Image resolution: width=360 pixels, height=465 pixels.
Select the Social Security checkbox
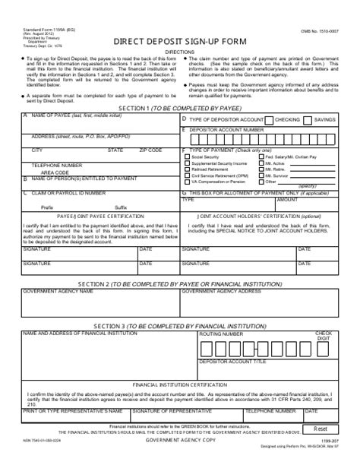(186, 157)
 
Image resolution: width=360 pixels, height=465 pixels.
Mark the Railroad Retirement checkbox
(186, 169)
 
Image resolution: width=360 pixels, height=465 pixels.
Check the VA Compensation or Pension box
(186, 182)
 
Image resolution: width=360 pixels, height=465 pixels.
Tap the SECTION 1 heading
(180, 109)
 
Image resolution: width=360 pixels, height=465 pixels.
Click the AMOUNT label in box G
(287, 200)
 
